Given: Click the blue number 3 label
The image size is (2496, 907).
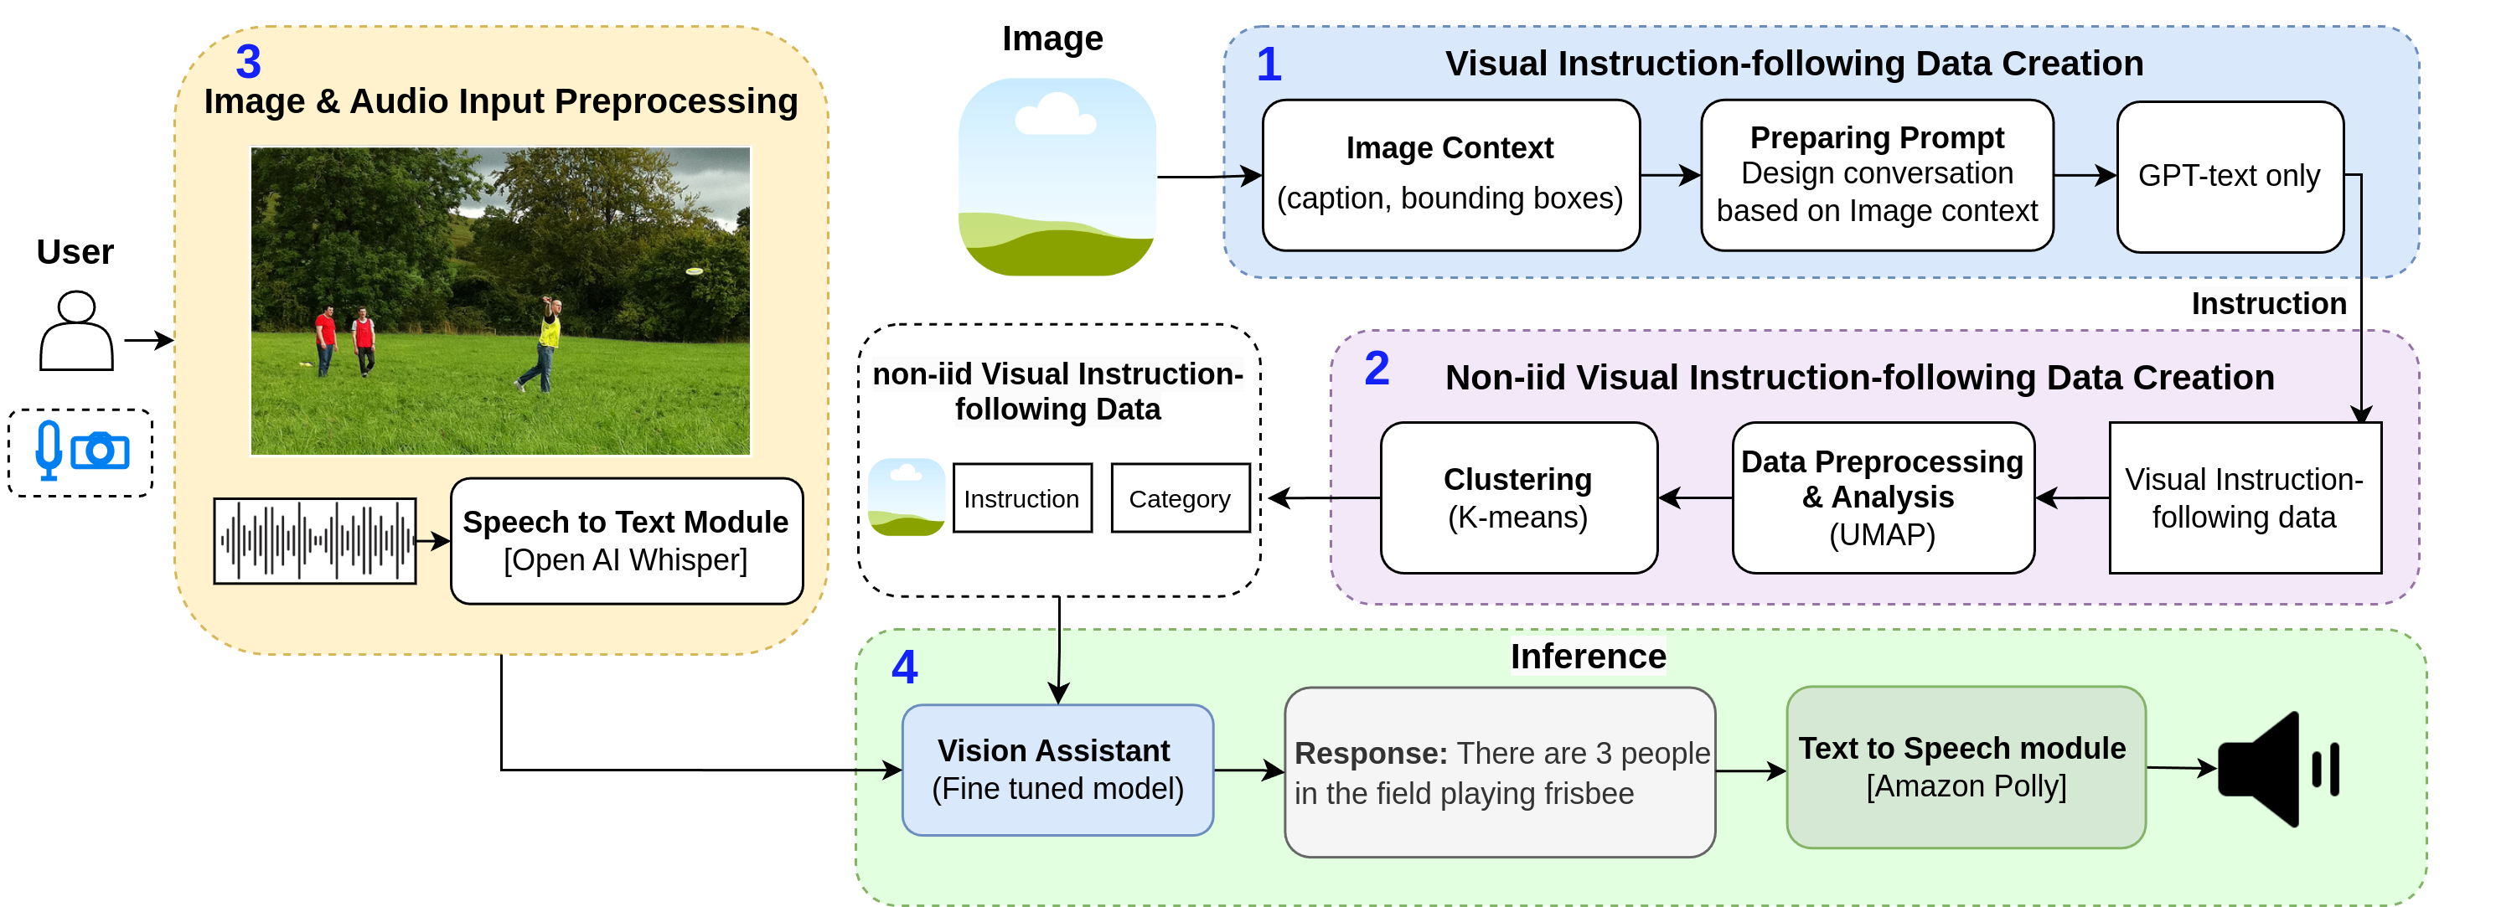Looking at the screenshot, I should (x=248, y=62).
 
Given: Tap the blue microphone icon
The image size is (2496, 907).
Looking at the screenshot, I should (x=48, y=450).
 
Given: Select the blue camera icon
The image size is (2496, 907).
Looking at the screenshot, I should (x=100, y=451).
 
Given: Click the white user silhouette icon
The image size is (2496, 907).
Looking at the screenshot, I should (x=76, y=332).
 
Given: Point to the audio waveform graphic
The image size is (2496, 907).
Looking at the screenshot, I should (x=315, y=541).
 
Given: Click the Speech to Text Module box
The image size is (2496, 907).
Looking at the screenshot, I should (x=626, y=541).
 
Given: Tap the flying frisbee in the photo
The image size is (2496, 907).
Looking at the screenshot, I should (x=694, y=271).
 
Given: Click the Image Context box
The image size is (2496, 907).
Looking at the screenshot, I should (x=1450, y=175).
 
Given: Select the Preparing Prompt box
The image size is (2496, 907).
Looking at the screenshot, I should (x=1876, y=175).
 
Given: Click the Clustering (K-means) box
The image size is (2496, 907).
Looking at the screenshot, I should (x=1517, y=497).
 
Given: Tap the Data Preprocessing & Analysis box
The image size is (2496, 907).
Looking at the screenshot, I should (x=1882, y=497).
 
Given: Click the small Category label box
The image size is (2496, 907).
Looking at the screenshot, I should (x=1179, y=498).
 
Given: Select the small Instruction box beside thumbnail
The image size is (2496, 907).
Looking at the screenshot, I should (x=1021, y=498).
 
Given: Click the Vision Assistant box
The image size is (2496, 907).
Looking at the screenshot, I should (x=1057, y=770).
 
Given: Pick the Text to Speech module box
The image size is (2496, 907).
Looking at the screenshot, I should (x=1964, y=766).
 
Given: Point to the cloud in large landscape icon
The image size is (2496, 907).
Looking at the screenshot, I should (x=1054, y=116).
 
